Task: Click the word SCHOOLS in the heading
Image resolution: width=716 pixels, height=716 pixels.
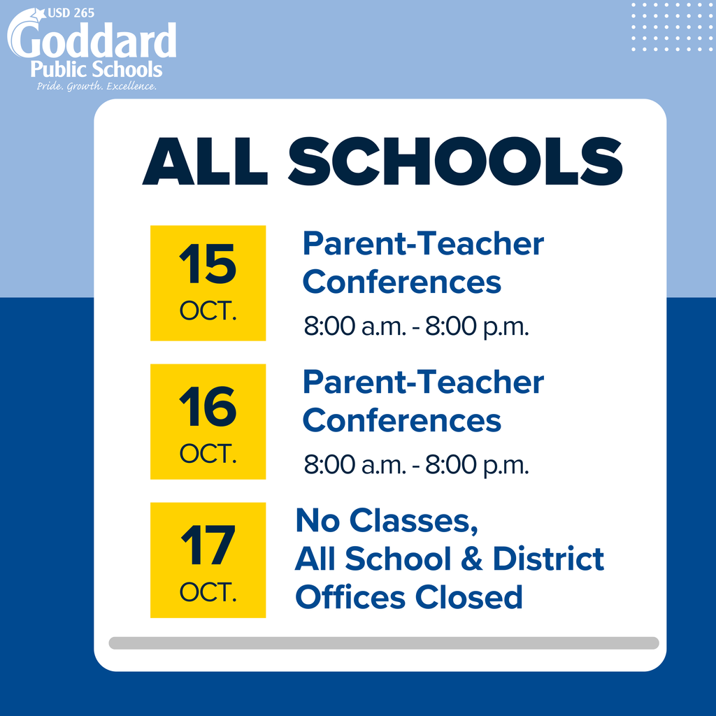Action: (454, 162)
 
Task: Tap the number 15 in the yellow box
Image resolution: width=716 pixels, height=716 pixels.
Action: (208, 265)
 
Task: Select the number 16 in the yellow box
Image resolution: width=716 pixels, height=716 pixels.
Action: (208, 407)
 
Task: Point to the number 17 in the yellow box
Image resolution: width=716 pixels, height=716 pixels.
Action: (208, 546)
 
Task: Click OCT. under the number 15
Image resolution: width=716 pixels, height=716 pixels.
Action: (208, 312)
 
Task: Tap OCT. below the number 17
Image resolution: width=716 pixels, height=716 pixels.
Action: (208, 593)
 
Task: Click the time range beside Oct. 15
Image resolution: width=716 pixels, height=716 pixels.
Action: (416, 327)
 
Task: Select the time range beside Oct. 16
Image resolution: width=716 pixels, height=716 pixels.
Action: (416, 465)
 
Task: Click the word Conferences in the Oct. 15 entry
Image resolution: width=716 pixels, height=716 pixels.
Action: (402, 282)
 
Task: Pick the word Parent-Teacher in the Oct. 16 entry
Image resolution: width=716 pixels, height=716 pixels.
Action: (423, 382)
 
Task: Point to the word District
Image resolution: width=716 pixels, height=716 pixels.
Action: (548, 559)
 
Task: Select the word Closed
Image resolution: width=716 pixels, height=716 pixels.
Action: (468, 598)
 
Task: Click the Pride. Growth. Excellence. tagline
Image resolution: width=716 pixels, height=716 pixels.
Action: (96, 87)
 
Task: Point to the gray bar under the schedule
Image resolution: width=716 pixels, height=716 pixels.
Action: (383, 643)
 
